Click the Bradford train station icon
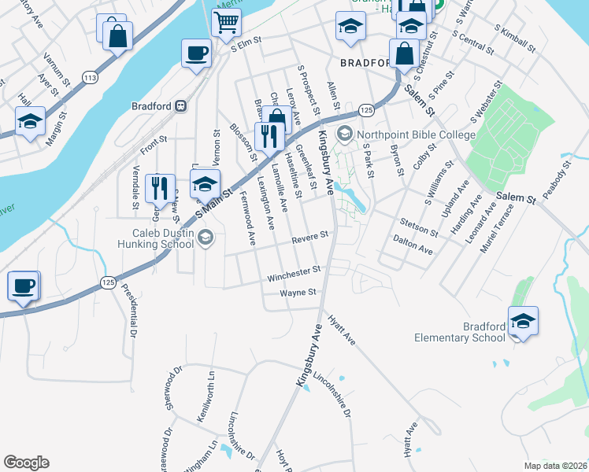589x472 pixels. [181, 106]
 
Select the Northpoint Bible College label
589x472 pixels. [415, 135]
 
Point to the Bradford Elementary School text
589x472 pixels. [461, 332]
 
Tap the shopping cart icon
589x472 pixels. [226, 24]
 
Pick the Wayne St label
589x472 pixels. [298, 292]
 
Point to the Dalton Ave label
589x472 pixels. [413, 247]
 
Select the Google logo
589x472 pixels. [26, 463]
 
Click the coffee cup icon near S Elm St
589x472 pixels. [196, 53]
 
